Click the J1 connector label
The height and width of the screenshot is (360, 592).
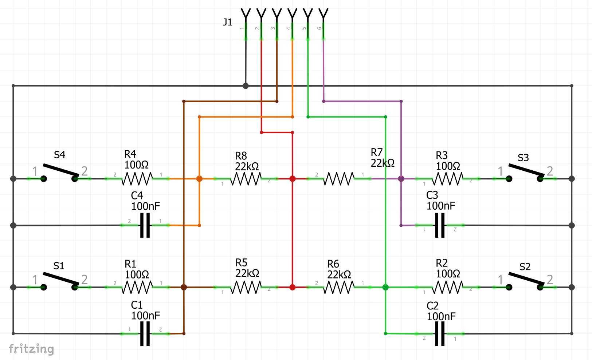227,22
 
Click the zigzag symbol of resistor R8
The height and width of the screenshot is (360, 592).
246,179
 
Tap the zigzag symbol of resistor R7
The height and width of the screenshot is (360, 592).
339,179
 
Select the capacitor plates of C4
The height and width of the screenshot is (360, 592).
145,225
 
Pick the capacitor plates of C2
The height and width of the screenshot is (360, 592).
440,333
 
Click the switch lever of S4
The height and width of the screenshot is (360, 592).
61,170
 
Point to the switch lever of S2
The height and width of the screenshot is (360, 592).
526,278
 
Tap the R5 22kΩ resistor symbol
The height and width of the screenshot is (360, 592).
246,287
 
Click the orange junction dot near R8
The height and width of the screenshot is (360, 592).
199,179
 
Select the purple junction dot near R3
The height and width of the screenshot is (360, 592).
401,179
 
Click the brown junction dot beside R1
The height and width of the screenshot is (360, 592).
184,287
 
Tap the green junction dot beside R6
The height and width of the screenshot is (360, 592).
385,287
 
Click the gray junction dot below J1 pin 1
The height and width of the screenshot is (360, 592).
246,86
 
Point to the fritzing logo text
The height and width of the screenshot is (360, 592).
31,349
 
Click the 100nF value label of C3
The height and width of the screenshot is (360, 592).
441,206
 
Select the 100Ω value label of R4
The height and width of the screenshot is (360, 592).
137,165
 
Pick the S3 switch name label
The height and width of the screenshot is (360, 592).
523,158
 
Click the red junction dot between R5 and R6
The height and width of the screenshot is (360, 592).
292,287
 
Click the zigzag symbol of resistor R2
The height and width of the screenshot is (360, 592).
447,287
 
